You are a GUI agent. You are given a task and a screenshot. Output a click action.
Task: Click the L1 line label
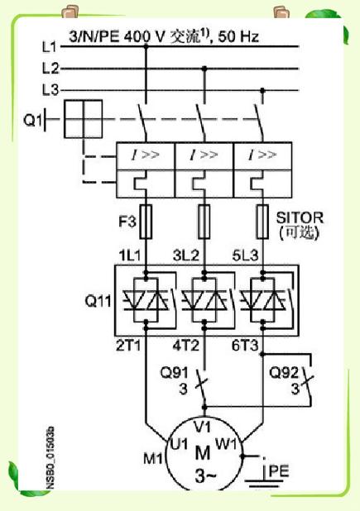point(50,47)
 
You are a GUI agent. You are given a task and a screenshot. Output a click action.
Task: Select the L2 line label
point(50,69)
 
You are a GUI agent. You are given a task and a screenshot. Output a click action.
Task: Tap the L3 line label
point(50,89)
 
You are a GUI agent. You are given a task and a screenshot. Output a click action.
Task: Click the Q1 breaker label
point(32,120)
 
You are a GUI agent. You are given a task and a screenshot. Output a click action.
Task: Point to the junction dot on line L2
point(204,69)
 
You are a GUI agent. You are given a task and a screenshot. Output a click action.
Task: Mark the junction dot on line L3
point(262,90)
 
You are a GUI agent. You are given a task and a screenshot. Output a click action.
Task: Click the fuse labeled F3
point(146,222)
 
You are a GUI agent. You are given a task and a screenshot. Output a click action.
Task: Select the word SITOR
point(300,217)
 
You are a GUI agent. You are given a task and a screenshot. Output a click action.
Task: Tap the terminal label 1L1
point(130,255)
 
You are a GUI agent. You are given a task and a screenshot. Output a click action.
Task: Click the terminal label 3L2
point(186,255)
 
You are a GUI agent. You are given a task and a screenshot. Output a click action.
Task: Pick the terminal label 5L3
point(245,255)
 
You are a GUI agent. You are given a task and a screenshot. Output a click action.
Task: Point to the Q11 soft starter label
point(98,300)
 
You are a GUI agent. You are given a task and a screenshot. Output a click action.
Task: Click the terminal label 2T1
point(128,346)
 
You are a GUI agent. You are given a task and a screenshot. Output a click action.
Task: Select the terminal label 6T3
point(245,346)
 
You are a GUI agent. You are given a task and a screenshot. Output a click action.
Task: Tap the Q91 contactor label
point(175,372)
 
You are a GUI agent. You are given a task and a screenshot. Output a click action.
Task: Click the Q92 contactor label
point(284,372)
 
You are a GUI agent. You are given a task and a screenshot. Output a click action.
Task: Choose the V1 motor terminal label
point(202,427)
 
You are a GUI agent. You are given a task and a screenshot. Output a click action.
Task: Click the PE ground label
point(280,471)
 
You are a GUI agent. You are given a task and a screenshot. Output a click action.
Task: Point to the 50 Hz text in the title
point(238,36)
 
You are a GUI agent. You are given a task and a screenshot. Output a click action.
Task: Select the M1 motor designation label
point(153,459)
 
